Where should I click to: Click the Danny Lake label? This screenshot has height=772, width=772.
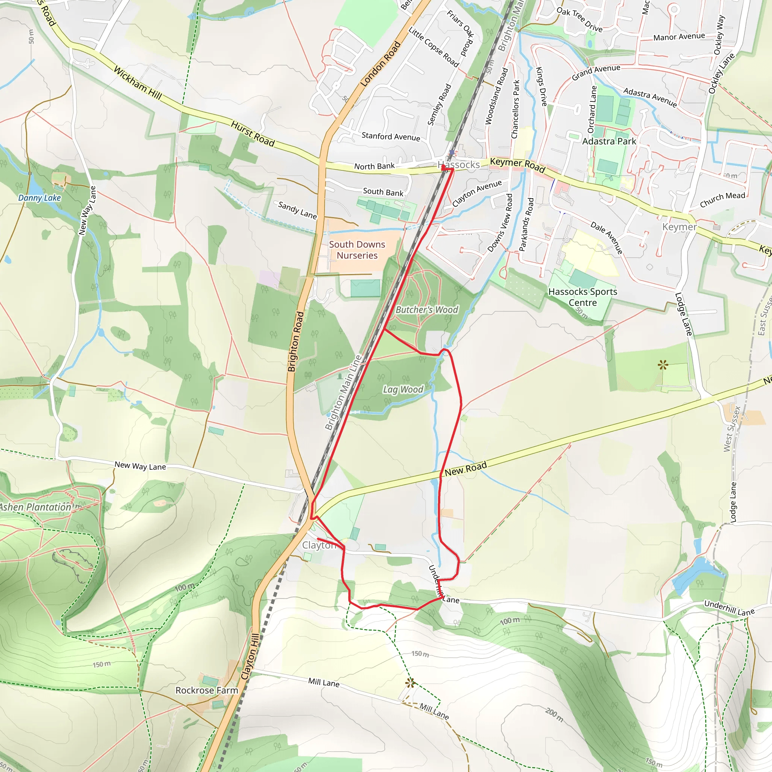(x=40, y=198)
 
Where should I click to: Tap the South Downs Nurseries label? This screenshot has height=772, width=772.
(x=357, y=250)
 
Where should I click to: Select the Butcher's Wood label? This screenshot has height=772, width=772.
(x=427, y=310)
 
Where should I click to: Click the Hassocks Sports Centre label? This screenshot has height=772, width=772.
(x=583, y=297)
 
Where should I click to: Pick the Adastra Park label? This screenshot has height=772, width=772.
(x=609, y=141)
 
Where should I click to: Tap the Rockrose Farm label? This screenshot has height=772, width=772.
(x=207, y=690)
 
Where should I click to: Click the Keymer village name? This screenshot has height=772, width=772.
(x=679, y=227)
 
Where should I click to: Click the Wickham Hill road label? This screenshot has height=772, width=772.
(x=138, y=83)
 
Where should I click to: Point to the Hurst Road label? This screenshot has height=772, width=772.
(x=253, y=134)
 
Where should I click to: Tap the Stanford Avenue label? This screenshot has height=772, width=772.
(x=391, y=137)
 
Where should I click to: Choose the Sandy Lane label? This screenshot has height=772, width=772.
(x=297, y=210)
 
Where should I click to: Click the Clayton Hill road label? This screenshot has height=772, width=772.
(x=250, y=657)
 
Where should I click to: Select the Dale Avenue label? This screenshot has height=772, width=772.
(x=607, y=238)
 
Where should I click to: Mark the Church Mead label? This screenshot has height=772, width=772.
(x=723, y=200)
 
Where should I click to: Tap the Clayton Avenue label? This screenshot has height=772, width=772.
(x=477, y=193)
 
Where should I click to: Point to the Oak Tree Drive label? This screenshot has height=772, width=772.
(x=579, y=20)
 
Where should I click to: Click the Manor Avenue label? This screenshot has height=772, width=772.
(x=679, y=37)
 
